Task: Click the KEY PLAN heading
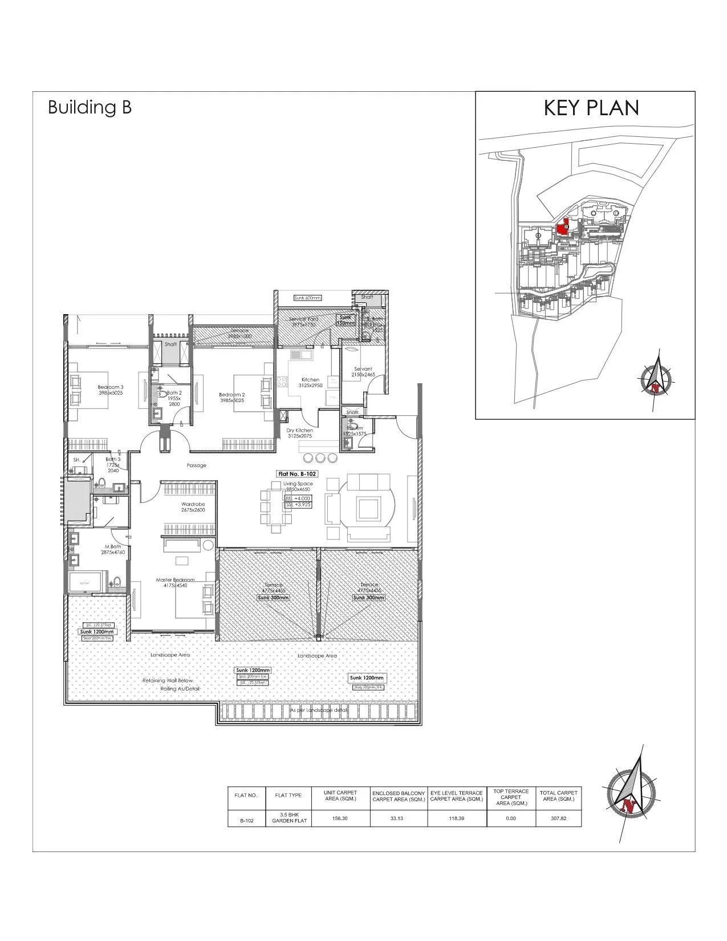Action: [x=591, y=108]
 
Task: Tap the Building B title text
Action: [x=90, y=107]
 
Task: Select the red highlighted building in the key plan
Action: [x=562, y=227]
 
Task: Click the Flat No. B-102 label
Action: [x=297, y=473]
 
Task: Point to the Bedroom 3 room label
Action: [x=111, y=390]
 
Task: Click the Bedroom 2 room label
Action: [x=232, y=397]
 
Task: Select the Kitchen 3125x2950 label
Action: [x=310, y=382]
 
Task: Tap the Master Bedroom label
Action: [x=175, y=582]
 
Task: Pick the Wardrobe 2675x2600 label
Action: [x=193, y=507]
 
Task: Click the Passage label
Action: [x=196, y=465]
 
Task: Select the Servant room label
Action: [x=363, y=371]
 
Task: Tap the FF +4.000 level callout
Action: [x=298, y=498]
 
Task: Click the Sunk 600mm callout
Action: [x=307, y=298]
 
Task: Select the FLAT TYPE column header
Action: [x=289, y=795]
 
